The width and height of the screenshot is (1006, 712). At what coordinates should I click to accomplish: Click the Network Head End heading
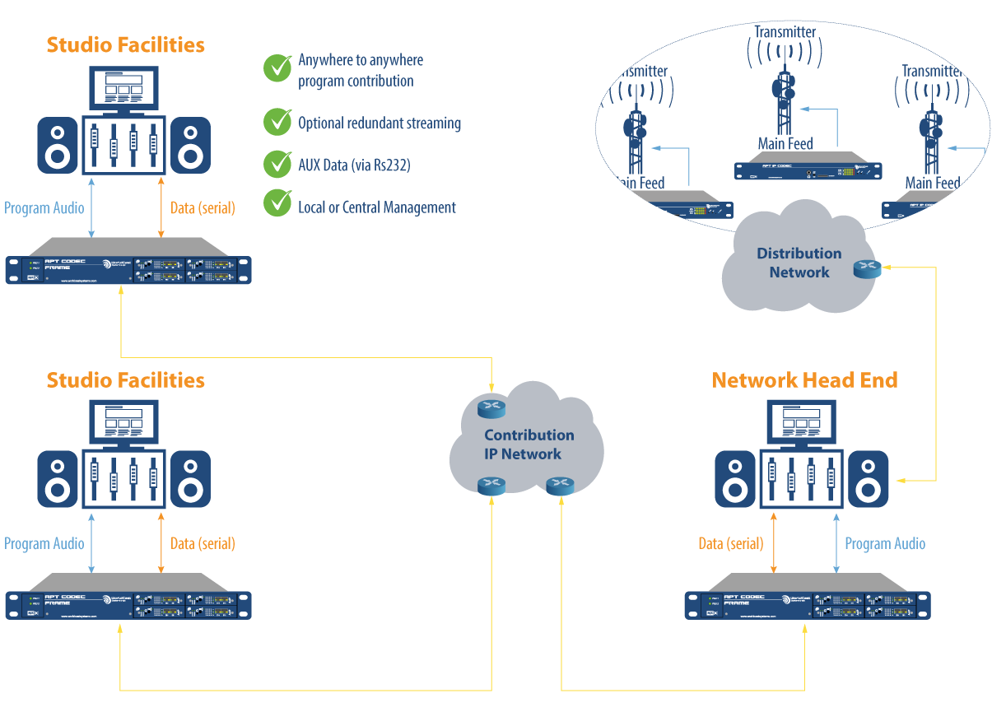[x=804, y=380]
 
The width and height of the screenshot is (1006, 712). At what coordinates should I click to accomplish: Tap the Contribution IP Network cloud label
[x=529, y=444]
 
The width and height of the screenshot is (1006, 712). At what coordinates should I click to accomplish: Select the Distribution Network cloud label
[x=799, y=263]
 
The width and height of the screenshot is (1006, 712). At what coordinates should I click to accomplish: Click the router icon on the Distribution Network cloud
[x=867, y=268]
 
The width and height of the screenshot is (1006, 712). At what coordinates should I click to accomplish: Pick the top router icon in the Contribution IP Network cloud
[x=491, y=408]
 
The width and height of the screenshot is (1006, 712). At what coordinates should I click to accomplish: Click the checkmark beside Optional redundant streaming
[x=277, y=122]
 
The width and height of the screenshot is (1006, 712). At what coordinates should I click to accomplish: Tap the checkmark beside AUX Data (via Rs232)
[x=277, y=164]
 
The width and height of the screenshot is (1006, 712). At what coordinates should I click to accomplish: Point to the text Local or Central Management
[x=376, y=207]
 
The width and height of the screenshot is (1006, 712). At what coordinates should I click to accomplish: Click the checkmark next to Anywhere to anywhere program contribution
[x=277, y=68]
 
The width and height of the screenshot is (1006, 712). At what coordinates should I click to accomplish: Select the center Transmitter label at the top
[x=785, y=32]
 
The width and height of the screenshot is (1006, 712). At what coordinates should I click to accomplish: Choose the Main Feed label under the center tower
[x=785, y=144]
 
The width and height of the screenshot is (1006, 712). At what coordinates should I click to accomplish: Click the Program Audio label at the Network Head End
[x=885, y=543]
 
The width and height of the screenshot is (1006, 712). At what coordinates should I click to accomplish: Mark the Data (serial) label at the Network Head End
[x=730, y=543]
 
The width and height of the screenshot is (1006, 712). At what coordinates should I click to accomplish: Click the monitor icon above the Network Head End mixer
[x=799, y=425]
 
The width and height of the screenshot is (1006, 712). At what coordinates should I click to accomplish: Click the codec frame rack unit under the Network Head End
[x=808, y=604]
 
